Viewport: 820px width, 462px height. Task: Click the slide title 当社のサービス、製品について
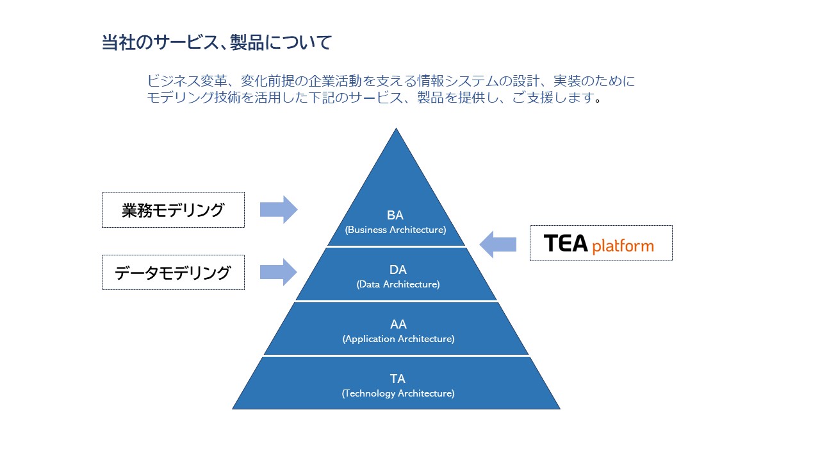point(217,42)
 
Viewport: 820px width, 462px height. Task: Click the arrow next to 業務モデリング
point(279,210)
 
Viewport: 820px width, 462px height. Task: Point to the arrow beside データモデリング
point(279,273)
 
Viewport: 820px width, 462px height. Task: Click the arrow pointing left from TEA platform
point(498,244)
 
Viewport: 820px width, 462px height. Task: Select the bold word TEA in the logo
point(566,243)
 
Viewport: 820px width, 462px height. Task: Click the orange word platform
point(623,246)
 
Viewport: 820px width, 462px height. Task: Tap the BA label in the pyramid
point(395,215)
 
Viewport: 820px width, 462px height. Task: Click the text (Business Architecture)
point(395,230)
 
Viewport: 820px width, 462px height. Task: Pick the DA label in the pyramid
point(398,270)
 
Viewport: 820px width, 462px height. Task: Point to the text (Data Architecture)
point(398,284)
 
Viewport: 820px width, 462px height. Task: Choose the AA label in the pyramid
point(398,325)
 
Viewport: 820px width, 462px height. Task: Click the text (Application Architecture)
point(398,339)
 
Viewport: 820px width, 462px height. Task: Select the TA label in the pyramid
point(398,379)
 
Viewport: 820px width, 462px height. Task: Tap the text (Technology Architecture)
point(398,393)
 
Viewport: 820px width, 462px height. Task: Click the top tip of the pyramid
point(396,128)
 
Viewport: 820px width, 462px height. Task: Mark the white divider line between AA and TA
point(396,355)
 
